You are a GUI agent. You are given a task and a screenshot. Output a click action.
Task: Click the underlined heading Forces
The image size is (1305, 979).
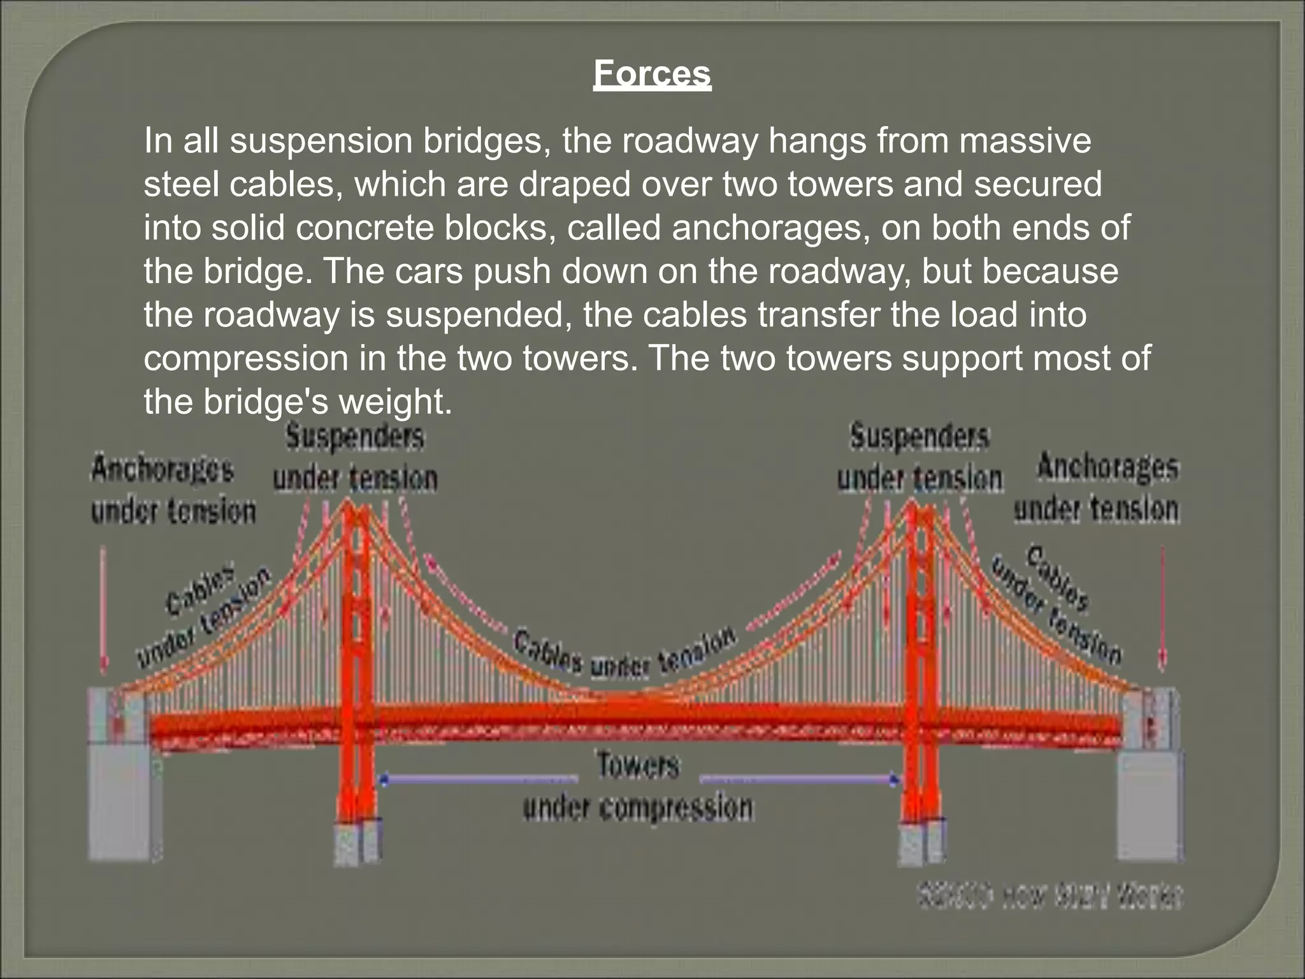(652, 74)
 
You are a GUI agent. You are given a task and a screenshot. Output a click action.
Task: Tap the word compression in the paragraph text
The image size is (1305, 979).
(245, 358)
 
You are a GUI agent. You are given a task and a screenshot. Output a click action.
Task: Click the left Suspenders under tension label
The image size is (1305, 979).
(355, 458)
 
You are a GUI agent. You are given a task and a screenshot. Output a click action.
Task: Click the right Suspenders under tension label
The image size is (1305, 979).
(919, 458)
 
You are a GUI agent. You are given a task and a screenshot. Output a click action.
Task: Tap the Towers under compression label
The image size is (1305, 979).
(638, 787)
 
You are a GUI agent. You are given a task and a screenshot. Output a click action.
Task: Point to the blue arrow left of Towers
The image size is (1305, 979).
(478, 779)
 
